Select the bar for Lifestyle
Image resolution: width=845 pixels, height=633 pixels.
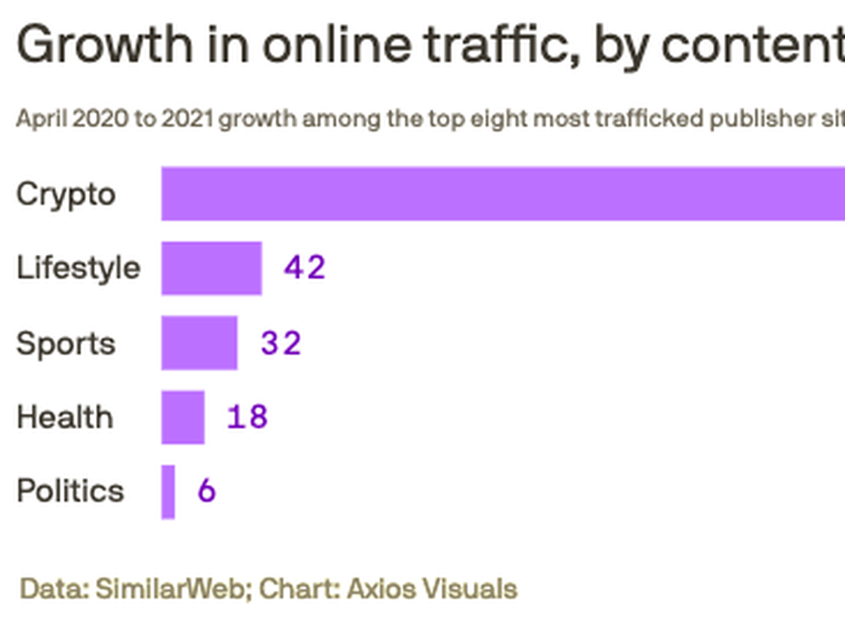(212, 268)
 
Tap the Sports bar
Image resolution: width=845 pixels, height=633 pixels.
(199, 343)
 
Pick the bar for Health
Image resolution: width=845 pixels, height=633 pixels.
(183, 417)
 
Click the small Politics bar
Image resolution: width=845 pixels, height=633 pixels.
(168, 492)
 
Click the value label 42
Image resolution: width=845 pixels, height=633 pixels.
(304, 268)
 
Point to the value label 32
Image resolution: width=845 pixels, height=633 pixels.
(281, 343)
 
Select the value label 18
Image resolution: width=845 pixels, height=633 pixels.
(247, 417)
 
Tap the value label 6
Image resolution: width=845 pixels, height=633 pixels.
(207, 491)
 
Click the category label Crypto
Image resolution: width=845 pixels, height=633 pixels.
(66, 195)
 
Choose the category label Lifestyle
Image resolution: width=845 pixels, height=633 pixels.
(79, 269)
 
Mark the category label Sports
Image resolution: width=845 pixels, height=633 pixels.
(66, 344)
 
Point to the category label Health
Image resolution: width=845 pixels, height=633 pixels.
(65, 417)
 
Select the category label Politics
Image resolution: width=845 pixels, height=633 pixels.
(71, 491)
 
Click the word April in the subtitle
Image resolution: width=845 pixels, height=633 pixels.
(41, 118)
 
